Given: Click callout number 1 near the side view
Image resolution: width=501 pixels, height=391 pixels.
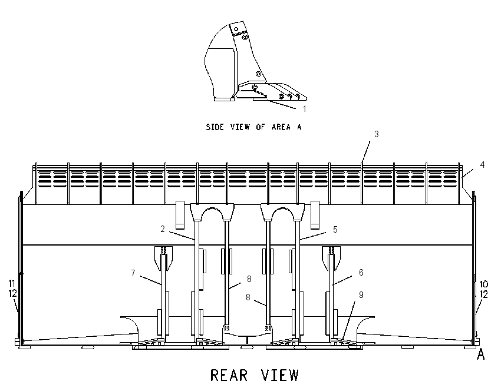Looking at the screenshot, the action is [305, 109].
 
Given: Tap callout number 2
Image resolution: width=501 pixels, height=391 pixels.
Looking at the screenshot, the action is [163, 229].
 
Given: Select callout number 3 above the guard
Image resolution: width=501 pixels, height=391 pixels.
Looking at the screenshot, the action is [377, 134].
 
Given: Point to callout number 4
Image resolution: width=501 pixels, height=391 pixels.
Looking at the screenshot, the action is [482, 165].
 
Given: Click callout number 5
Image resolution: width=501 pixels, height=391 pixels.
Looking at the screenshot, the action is [335, 230].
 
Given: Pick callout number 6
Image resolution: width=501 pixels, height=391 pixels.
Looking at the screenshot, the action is [361, 272].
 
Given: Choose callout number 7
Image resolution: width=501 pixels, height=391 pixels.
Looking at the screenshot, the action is [133, 273].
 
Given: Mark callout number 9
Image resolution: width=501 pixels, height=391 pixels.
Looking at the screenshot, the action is [361, 294].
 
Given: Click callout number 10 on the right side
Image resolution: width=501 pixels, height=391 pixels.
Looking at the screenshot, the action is [484, 284].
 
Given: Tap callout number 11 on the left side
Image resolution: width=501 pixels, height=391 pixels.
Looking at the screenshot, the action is [12, 283].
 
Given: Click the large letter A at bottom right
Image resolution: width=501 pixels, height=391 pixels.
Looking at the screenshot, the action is [480, 354].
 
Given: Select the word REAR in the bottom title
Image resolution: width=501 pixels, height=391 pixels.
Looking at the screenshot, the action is [229, 375].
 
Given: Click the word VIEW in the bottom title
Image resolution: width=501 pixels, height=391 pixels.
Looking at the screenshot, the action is [280, 375].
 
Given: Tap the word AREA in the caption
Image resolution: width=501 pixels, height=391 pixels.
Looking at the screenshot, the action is [281, 127].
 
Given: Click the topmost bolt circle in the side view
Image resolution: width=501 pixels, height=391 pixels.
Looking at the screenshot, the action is [236, 29].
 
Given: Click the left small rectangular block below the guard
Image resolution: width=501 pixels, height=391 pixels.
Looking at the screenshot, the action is [180, 215].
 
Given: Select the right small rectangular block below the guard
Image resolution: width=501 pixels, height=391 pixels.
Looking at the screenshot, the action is [315, 215].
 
